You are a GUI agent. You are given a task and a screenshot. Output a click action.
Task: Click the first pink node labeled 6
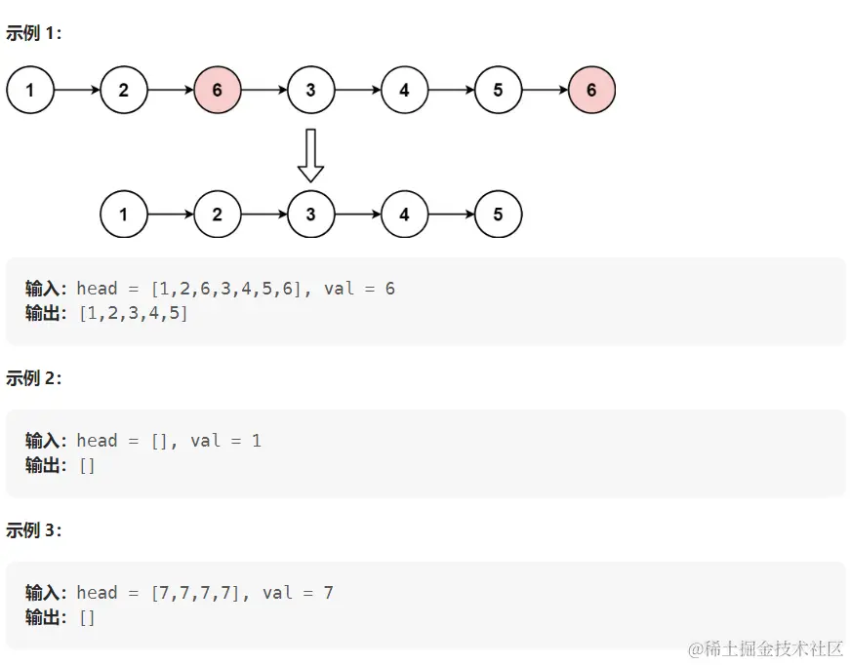pyautogui.click(x=217, y=91)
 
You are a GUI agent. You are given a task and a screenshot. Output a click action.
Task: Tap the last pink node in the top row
pyautogui.click(x=591, y=91)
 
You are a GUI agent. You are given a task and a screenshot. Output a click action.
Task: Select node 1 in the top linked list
pyautogui.click(x=30, y=91)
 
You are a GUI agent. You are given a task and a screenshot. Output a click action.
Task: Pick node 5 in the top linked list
pyautogui.click(x=498, y=91)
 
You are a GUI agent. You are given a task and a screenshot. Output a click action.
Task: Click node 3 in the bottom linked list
pyautogui.click(x=310, y=215)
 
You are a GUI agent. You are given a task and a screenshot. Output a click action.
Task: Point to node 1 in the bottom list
pyautogui.click(x=123, y=215)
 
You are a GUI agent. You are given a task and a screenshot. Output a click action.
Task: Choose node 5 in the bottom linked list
pyautogui.click(x=498, y=215)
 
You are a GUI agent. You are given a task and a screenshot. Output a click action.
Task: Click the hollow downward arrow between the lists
pyautogui.click(x=310, y=155)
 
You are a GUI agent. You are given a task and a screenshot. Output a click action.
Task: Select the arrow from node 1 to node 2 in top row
pyautogui.click(x=77, y=91)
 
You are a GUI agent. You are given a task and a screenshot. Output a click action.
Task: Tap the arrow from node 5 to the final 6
pyautogui.click(x=546, y=91)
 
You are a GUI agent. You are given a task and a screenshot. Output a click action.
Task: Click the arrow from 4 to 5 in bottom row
pyautogui.click(x=452, y=215)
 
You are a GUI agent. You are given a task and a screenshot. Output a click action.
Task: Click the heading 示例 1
pyautogui.click(x=33, y=32)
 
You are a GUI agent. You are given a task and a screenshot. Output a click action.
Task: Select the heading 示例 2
pyautogui.click(x=33, y=378)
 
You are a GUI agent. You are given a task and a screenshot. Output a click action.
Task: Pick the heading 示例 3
pyautogui.click(x=33, y=530)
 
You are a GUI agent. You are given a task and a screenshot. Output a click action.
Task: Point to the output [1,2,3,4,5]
pyautogui.click(x=133, y=313)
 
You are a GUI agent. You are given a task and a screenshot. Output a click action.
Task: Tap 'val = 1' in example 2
pyautogui.click(x=226, y=441)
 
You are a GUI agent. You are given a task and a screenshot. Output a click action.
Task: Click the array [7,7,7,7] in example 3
pyautogui.click(x=195, y=593)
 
